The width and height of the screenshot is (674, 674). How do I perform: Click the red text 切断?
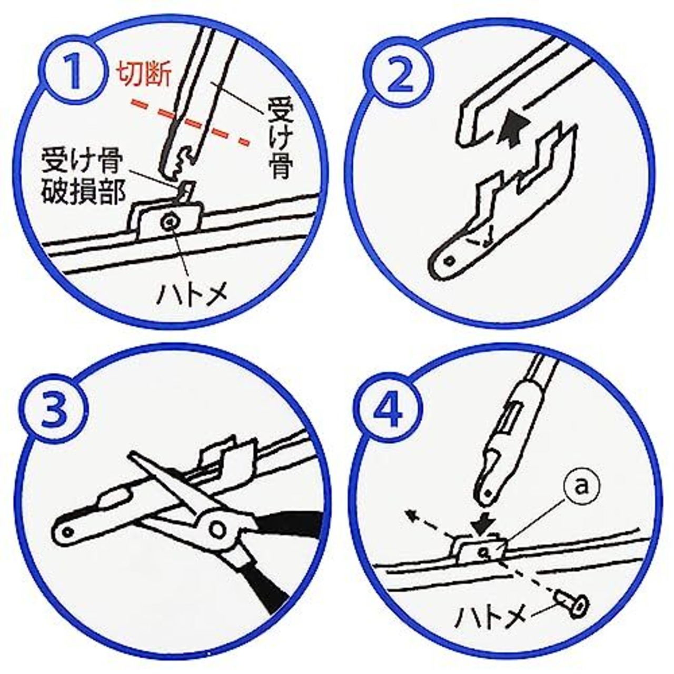coord(143,75)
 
